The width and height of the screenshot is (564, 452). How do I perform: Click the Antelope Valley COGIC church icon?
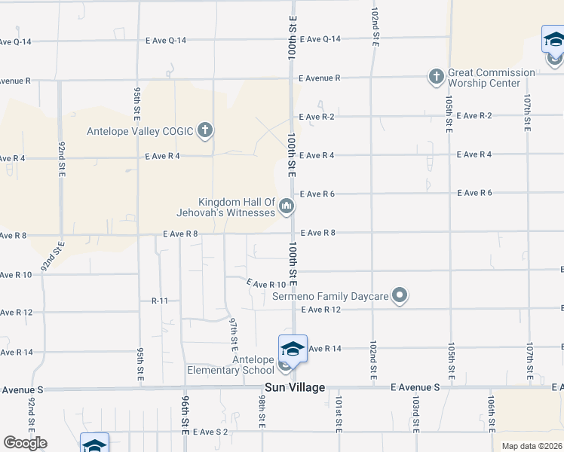(x=204, y=130)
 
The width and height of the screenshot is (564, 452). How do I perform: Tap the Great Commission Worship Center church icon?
(x=436, y=76)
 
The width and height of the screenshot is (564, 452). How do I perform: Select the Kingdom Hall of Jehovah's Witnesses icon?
(x=287, y=206)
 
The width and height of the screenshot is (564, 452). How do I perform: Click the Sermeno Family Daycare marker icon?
(x=400, y=296)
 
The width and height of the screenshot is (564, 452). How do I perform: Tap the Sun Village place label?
(x=294, y=387)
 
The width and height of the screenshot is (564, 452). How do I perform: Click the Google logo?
(x=25, y=442)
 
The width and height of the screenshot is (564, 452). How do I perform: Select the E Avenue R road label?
(x=320, y=78)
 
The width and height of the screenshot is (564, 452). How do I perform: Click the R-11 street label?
(x=159, y=301)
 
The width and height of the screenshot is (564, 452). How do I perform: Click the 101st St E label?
(x=339, y=410)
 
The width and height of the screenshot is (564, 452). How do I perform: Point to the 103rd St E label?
(x=415, y=410)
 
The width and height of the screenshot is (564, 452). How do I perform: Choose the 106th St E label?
(x=491, y=410)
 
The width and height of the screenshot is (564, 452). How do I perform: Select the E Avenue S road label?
(x=415, y=387)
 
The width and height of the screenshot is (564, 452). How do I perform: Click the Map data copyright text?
(x=532, y=446)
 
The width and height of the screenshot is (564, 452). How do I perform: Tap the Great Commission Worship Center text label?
(x=492, y=78)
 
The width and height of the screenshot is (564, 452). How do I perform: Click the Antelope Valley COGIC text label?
(x=140, y=130)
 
